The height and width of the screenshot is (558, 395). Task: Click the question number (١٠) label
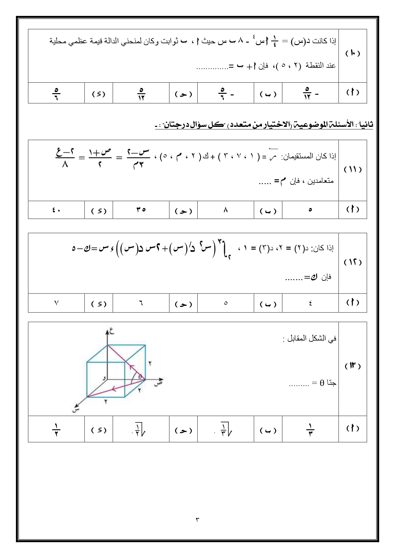pyautogui.click(x=353, y=53)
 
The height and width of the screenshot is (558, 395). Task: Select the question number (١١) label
pyautogui.click(x=353, y=169)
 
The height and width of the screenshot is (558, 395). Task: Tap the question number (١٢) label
pyautogui.click(x=353, y=262)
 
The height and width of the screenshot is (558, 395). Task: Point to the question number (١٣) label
pyautogui.click(x=353, y=366)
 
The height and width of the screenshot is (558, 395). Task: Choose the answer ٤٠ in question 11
pyautogui.click(x=56, y=210)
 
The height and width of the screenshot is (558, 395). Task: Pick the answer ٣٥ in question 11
pyautogui.click(x=141, y=210)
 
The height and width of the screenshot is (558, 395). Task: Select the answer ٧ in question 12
pyautogui.click(x=56, y=303)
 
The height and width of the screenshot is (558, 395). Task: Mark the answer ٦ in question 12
pyautogui.click(x=141, y=303)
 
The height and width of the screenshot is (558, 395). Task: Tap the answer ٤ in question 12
pyautogui.click(x=310, y=303)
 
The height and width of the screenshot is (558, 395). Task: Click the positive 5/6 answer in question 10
pyautogui.click(x=56, y=93)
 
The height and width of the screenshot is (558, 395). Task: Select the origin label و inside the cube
pyautogui.click(x=104, y=378)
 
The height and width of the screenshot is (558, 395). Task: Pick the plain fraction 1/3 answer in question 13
pyautogui.click(x=310, y=429)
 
